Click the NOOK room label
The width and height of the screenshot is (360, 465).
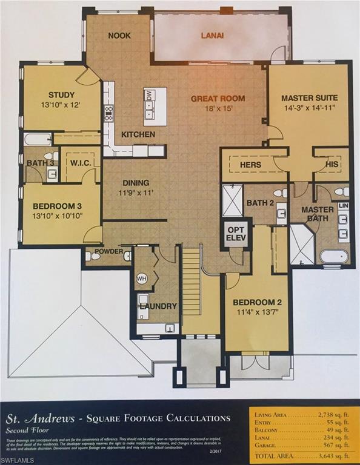point(119,36)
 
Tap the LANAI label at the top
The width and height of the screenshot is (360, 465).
point(212,36)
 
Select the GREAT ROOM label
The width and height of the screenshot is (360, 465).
point(218,99)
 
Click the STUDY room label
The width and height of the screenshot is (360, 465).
point(61,95)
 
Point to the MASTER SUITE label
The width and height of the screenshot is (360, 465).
point(309,97)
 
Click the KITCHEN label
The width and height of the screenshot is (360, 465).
point(138,134)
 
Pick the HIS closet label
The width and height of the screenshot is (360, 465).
point(330,165)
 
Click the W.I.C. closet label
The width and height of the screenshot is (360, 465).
point(80,162)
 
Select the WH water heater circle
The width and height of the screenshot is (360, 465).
point(142,279)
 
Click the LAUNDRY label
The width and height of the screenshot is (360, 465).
point(158,306)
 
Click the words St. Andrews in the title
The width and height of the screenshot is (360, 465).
point(35,418)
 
